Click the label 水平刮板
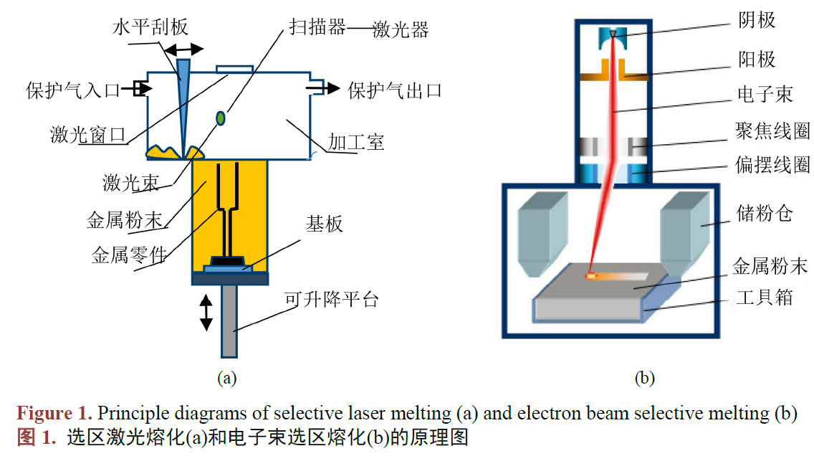[x=150, y=27]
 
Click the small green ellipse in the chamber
[x=221, y=117]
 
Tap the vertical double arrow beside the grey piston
[x=206, y=313]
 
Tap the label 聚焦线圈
[x=772, y=130]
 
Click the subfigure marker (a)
[x=226, y=377]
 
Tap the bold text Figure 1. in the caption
[x=54, y=414]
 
